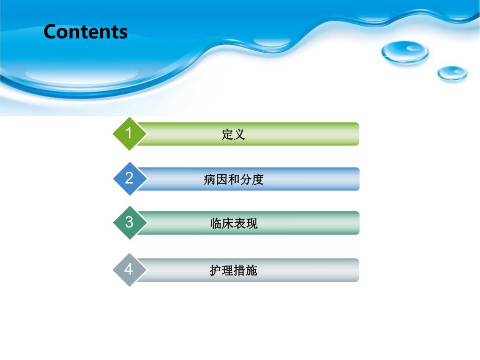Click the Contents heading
pyautogui.click(x=86, y=32)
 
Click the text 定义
pyautogui.click(x=233, y=135)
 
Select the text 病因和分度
pyautogui.click(x=233, y=180)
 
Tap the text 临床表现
pyautogui.click(x=233, y=224)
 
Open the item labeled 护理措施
pyautogui.click(x=233, y=271)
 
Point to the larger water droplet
pyautogui.click(x=404, y=52)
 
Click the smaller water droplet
pyautogui.click(x=452, y=74)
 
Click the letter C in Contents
pyautogui.click(x=50, y=32)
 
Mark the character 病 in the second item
pyautogui.click(x=209, y=180)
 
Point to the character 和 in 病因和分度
pyautogui.click(x=233, y=180)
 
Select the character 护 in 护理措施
pyautogui.click(x=215, y=271)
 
